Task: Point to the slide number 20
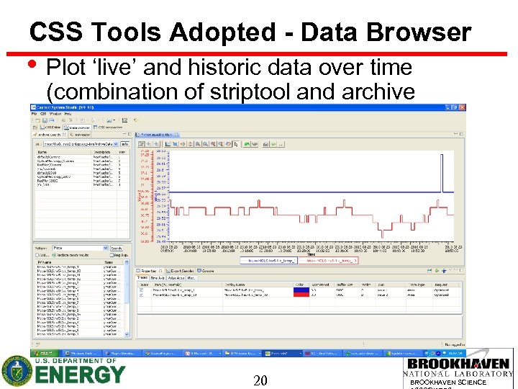tap(260, 380)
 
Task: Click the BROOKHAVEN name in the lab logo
tap(460, 364)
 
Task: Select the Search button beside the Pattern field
tap(115, 248)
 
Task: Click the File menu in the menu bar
tap(34, 114)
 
